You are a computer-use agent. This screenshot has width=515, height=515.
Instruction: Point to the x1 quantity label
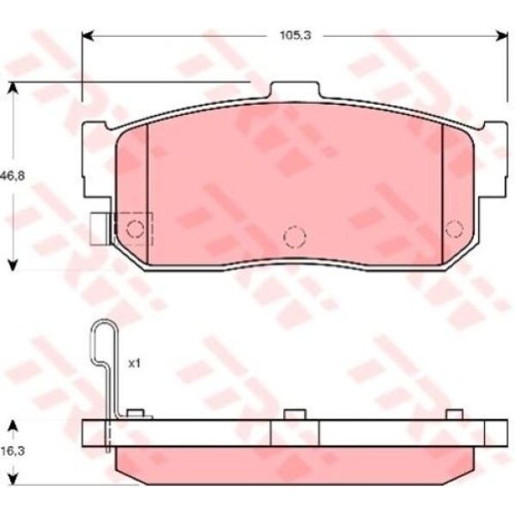(134, 363)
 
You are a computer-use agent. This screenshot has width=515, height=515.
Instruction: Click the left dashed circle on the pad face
(134, 228)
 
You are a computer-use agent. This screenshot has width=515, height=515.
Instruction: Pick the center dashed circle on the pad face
(294, 235)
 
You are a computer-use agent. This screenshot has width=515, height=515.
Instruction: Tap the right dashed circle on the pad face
(455, 227)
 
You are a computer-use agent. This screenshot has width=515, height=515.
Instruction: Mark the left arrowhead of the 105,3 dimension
(87, 36)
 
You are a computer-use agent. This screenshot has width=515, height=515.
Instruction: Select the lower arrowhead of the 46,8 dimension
(12, 264)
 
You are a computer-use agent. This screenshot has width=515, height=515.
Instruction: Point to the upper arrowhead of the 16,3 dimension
(12, 426)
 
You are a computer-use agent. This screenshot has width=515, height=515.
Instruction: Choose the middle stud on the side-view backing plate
(294, 415)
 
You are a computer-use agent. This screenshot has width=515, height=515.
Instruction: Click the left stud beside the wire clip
(133, 415)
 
